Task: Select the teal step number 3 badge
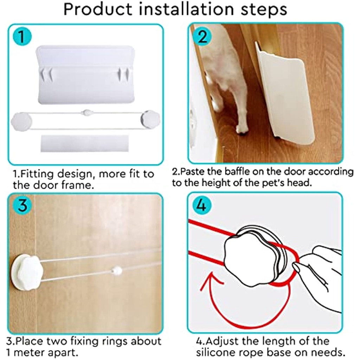pyautogui.click(x=22, y=205)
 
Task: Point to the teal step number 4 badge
pyautogui.click(x=201, y=205)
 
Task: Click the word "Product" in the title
pyautogui.click(x=98, y=9)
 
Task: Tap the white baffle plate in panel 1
pyautogui.click(x=85, y=75)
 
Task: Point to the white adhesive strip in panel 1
pyautogui.click(x=84, y=143)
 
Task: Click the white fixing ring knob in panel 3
pyautogui.click(x=27, y=269)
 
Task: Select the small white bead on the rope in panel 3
pyautogui.click(x=117, y=270)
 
